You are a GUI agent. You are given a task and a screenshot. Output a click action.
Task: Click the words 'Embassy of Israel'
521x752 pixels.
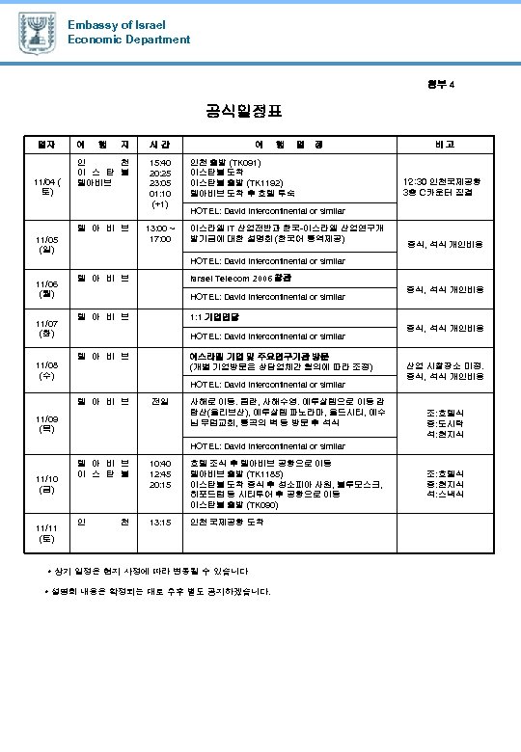click(117, 24)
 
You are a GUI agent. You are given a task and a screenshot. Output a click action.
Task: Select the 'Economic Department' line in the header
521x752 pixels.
click(129, 40)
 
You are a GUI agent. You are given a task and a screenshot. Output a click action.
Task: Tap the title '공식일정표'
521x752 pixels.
click(244, 112)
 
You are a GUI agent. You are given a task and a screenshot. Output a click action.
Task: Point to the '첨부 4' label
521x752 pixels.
click(439, 84)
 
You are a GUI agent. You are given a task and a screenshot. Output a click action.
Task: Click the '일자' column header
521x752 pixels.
click(45, 145)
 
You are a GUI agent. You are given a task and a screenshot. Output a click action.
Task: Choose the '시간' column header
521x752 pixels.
click(159, 145)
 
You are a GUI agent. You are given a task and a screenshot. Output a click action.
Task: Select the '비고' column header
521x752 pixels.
click(445, 145)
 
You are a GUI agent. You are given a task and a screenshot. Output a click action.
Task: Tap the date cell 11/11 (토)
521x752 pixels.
click(45, 533)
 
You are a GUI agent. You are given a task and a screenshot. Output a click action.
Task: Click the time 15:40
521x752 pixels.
click(159, 163)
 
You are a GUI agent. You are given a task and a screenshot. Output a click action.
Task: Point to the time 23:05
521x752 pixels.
click(159, 182)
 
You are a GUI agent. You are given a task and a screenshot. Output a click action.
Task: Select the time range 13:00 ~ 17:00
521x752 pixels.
click(159, 233)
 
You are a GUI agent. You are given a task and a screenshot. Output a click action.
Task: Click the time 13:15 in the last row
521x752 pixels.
click(159, 522)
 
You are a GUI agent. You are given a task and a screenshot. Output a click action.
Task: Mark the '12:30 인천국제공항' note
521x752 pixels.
click(444, 181)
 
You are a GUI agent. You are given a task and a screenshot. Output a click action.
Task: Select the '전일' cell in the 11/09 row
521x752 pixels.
click(159, 399)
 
